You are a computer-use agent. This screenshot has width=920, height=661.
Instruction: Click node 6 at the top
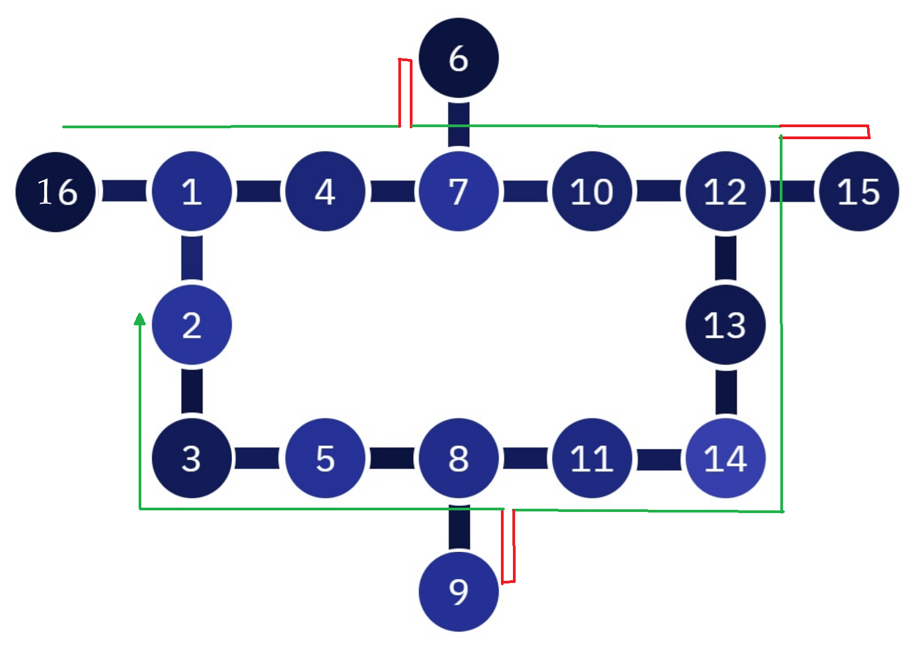coord(458,58)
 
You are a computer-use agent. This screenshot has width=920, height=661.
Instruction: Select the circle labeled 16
coord(56,192)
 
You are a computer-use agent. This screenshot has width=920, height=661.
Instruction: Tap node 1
coord(192,192)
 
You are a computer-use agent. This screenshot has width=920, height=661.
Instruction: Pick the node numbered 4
coord(325,192)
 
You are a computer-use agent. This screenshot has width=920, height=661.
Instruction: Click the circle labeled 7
coord(458,192)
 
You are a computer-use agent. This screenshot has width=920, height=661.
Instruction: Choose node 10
coord(592,192)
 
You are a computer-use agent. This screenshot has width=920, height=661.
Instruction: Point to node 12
coord(725,192)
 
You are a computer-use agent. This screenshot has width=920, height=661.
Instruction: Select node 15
coord(859,192)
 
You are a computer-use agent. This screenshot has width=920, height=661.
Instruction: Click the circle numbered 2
coord(192,325)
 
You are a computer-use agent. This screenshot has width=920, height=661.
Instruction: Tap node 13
coord(725,325)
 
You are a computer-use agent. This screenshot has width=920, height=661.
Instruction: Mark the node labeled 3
coord(192,458)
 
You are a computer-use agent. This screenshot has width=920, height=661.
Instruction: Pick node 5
coord(325,458)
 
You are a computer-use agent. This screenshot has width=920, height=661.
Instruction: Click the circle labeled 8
coord(458,458)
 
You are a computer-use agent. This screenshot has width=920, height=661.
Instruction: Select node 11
coord(592,458)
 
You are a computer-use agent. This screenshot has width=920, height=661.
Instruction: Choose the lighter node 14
coord(725,458)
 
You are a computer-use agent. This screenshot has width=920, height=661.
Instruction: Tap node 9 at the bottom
coord(458,592)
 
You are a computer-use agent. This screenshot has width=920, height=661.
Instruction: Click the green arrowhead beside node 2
coord(140,319)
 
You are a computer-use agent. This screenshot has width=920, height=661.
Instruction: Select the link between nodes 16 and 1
coord(124,191)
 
